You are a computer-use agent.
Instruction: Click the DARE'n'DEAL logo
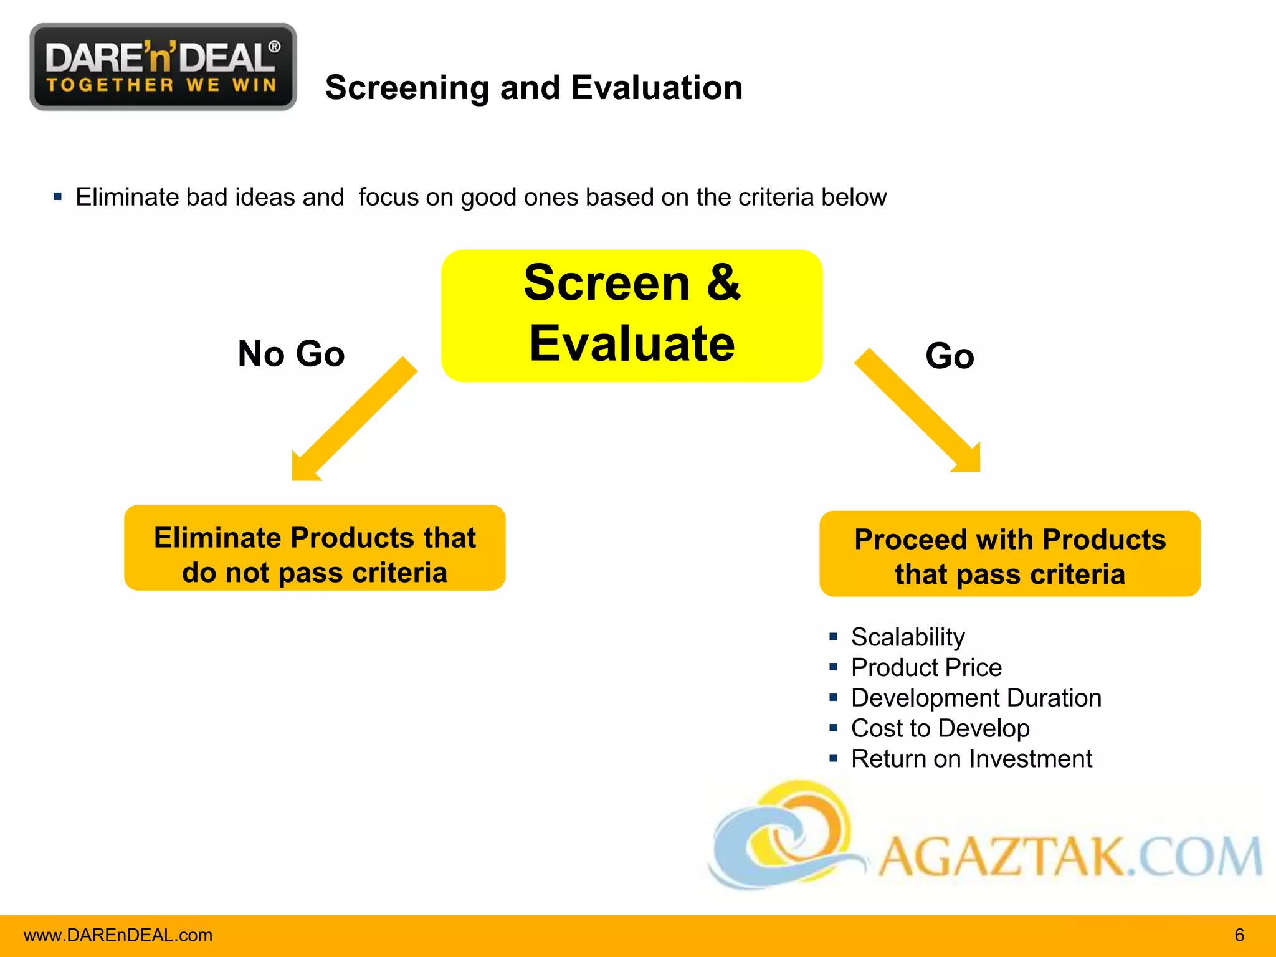[x=163, y=67]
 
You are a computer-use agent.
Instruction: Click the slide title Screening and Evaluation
[x=533, y=87]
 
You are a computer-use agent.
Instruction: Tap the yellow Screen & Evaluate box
[x=632, y=315]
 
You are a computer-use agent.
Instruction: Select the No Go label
[x=291, y=354]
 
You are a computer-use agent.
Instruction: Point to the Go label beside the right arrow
[x=950, y=356]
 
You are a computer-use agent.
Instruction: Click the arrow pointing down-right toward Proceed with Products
[x=920, y=412]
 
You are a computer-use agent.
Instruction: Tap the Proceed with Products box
[x=1010, y=554]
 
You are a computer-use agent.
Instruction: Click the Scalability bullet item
[x=907, y=637]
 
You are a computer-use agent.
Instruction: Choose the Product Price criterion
[x=926, y=667]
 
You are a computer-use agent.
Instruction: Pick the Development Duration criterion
[x=976, y=698]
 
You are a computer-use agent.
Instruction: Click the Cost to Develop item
[x=940, y=728]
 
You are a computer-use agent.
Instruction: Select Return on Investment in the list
[x=971, y=758]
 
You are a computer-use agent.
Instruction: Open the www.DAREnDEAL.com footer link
[x=118, y=935]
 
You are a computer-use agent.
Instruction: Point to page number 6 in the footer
[x=1239, y=935]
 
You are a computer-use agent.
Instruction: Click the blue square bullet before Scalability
[x=833, y=637]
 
